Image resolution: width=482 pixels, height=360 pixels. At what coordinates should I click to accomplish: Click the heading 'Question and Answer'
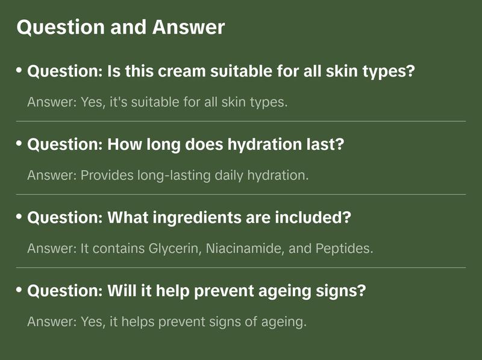click(x=120, y=27)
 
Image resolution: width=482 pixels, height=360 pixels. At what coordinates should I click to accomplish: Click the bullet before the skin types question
click(x=19, y=71)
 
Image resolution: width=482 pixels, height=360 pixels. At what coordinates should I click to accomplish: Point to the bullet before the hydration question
click(x=19, y=144)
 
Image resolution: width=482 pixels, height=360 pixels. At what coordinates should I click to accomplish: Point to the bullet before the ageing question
click(x=19, y=290)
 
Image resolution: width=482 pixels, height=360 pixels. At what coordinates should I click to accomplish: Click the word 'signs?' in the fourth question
click(x=345, y=291)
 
